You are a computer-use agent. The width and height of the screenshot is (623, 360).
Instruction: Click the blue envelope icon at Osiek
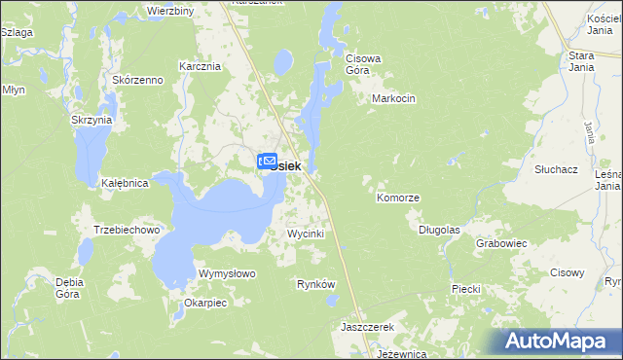(x=267, y=162)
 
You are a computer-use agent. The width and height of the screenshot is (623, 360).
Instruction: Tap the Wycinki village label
(x=305, y=234)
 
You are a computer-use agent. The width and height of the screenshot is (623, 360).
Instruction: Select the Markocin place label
(x=394, y=99)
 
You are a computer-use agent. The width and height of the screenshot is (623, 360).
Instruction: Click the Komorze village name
(x=398, y=198)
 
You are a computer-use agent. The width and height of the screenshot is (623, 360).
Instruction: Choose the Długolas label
(x=439, y=231)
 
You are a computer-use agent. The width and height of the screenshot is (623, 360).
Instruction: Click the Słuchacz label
(x=557, y=168)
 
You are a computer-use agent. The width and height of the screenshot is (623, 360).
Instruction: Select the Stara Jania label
(x=581, y=62)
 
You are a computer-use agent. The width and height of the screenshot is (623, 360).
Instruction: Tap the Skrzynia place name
(x=92, y=120)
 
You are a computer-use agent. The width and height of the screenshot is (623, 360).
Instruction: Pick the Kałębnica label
(x=125, y=183)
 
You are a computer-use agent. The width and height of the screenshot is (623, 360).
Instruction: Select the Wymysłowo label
(x=227, y=273)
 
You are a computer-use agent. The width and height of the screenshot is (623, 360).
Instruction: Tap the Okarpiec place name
(x=204, y=303)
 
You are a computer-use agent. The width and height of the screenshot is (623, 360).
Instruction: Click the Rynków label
(x=315, y=284)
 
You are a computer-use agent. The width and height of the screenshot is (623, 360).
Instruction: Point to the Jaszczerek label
(x=366, y=327)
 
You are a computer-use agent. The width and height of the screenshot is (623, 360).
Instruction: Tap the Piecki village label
(x=467, y=289)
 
